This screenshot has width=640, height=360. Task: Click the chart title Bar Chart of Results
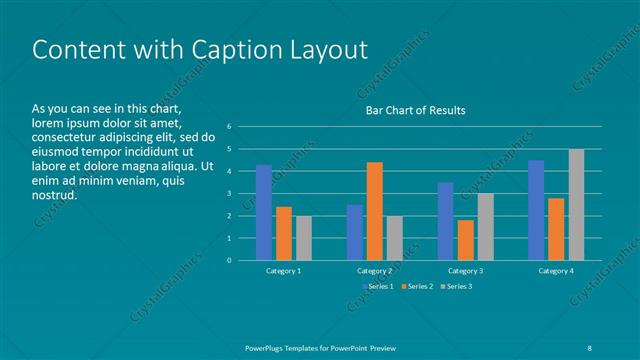[413, 110]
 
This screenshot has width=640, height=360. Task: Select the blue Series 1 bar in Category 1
[264, 212]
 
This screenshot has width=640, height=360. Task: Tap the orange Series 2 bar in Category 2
[374, 211]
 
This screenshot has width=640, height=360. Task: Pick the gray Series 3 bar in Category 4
[576, 205]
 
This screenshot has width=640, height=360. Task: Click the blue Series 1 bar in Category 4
[536, 210]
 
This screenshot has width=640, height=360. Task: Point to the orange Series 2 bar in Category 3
[465, 240]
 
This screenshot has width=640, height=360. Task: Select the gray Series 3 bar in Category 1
[303, 238]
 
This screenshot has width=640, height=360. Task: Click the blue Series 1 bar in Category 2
[354, 232]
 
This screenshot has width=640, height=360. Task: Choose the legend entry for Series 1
[376, 287]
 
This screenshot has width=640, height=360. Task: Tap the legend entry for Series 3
[457, 287]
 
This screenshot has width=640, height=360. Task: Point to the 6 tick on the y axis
[230, 127]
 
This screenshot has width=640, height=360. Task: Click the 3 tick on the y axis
[230, 194]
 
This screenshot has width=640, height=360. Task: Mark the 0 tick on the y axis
[230, 261]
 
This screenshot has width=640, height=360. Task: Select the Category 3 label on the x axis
[465, 271]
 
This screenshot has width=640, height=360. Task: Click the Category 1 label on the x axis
[284, 271]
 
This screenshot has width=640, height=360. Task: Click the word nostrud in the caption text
[54, 195]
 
